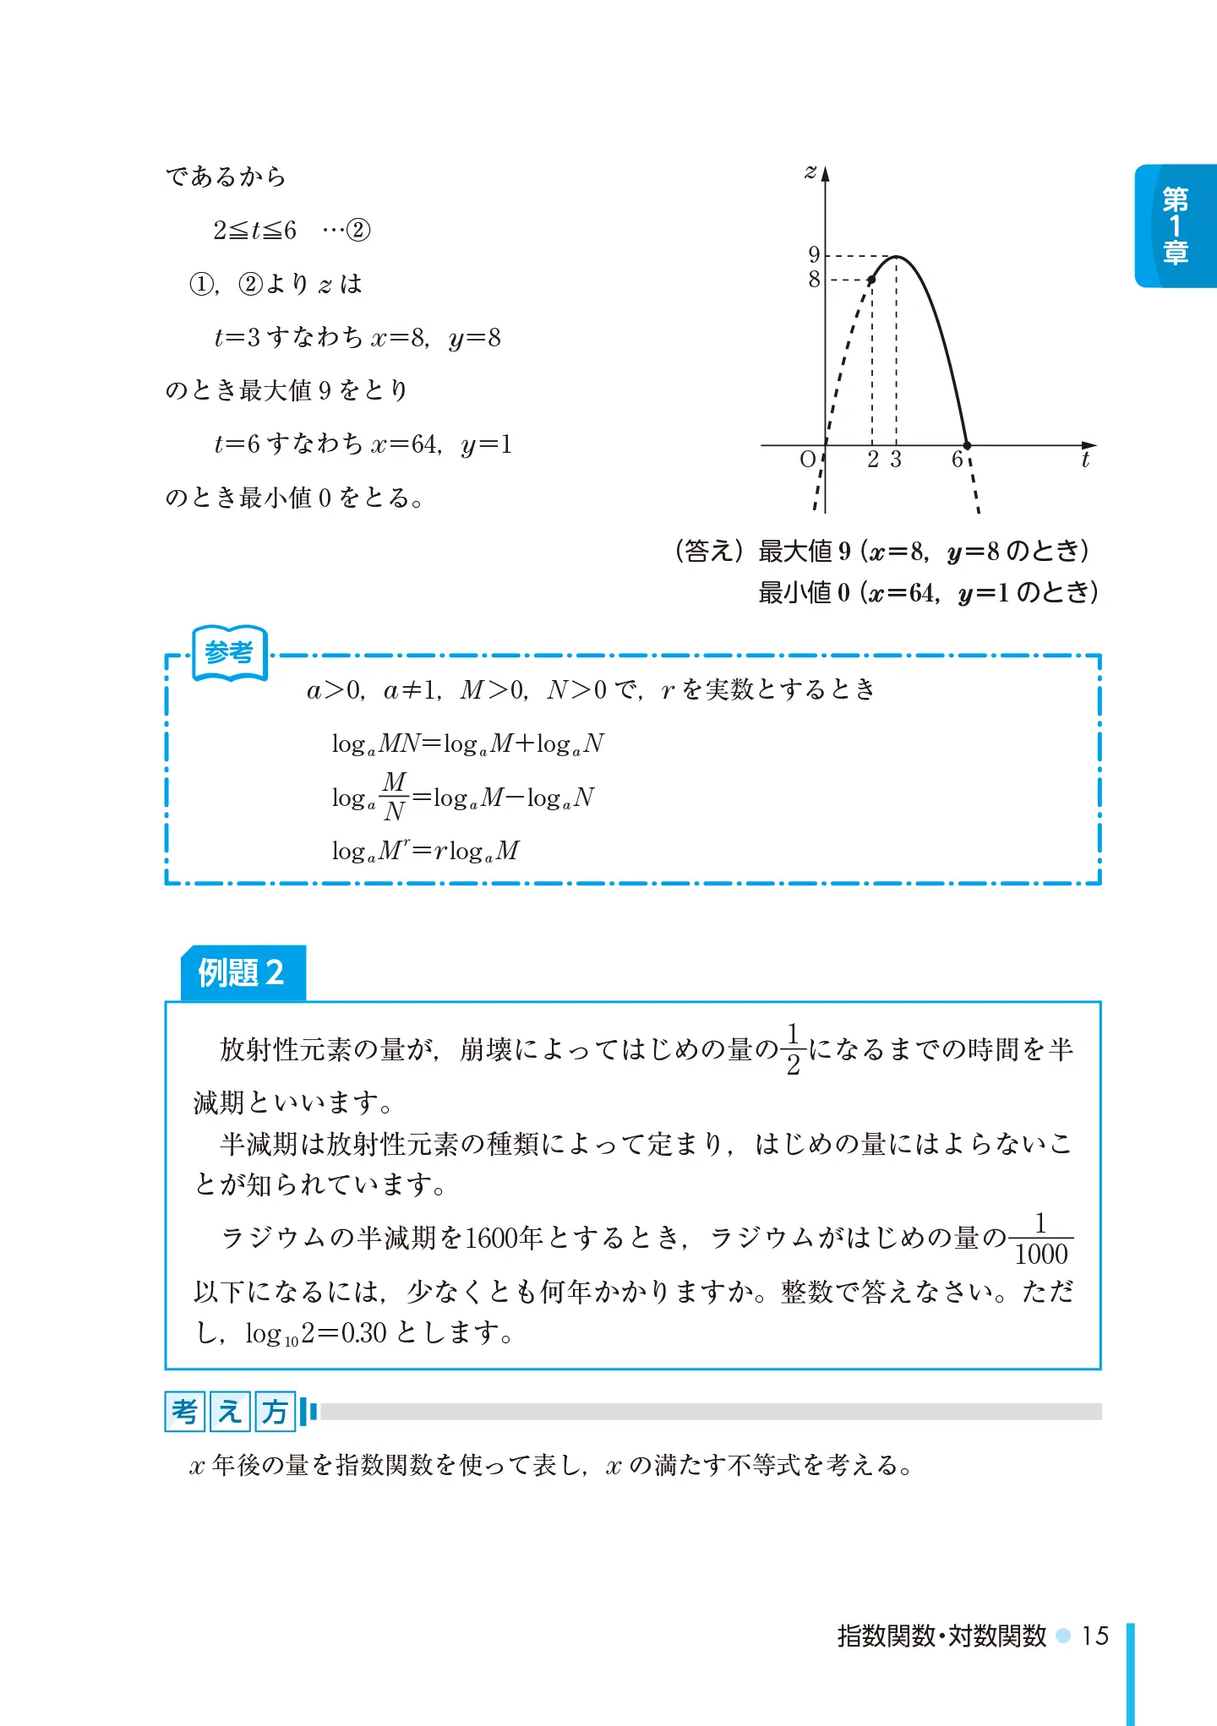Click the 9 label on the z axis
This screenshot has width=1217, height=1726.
click(814, 254)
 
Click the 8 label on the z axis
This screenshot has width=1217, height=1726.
click(814, 279)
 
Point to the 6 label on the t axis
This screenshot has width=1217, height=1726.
click(957, 460)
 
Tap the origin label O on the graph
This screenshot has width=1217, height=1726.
click(808, 460)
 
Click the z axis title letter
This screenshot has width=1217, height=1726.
click(810, 172)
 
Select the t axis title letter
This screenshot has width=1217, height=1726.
click(1085, 460)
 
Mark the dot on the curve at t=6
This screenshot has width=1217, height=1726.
click(968, 445)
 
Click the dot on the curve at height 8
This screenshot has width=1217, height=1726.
click(871, 280)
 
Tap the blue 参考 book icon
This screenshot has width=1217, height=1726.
click(229, 652)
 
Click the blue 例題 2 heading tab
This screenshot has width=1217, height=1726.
click(243, 972)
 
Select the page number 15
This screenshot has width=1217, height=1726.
click(1095, 1636)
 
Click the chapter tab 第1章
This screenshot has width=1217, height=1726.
click(1176, 226)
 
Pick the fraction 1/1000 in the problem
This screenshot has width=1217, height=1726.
click(1041, 1239)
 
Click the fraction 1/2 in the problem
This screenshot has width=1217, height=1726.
click(793, 1049)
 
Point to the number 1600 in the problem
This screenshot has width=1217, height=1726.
click(491, 1238)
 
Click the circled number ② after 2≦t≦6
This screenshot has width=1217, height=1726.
click(358, 230)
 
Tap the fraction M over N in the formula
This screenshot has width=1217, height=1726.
click(394, 797)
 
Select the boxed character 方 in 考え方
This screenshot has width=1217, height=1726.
click(275, 1411)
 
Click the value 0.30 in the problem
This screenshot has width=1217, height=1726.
click(363, 1332)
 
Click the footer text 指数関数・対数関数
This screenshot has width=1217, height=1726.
click(941, 1636)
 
